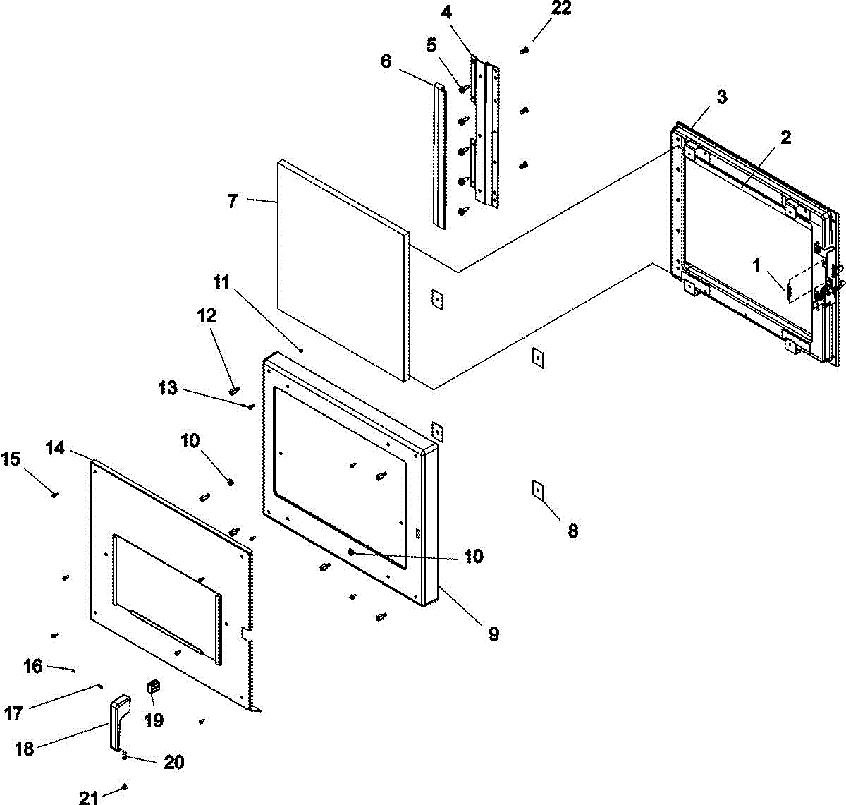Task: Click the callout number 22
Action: point(561,8)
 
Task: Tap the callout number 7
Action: point(232,201)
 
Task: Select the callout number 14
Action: point(56,448)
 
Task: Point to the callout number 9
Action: point(493,634)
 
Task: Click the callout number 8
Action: point(572,531)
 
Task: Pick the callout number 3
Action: point(721,97)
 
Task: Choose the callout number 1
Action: point(756,266)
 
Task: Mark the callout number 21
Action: point(89,798)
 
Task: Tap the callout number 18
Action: point(25,749)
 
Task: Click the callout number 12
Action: point(207,315)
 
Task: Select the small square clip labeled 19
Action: point(153,685)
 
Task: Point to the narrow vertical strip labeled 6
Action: point(439,155)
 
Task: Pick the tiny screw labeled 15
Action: point(54,495)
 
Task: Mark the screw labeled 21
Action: point(125,786)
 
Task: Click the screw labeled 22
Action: point(525,50)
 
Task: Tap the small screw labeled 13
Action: point(251,406)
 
